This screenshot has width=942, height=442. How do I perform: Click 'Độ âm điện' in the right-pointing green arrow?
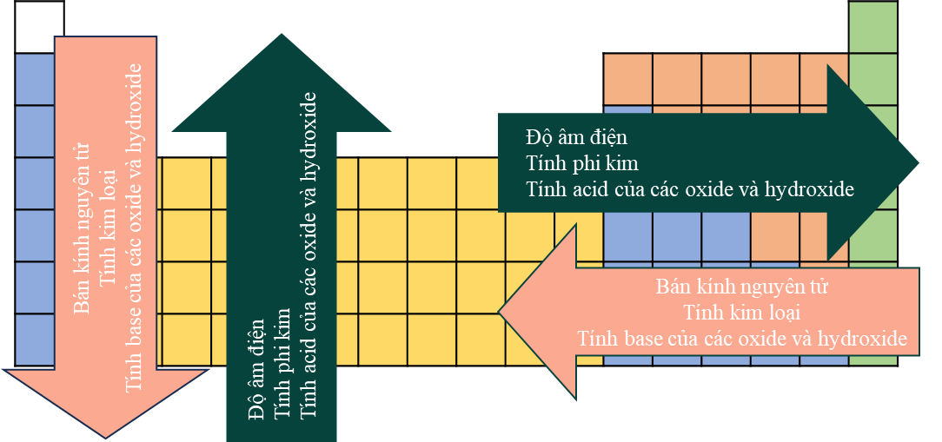point(576,137)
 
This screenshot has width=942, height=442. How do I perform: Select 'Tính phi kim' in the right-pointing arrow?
point(582,162)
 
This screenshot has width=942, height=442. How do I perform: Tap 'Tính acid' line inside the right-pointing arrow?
point(690,188)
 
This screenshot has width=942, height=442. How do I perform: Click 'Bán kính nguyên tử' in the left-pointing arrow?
point(742,287)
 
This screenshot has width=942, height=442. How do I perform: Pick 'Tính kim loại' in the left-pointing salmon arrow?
point(742,312)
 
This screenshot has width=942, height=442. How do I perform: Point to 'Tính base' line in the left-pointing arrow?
point(742,338)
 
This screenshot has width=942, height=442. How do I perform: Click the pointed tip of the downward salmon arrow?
point(106,436)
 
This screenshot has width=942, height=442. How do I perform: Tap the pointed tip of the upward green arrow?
point(280,36)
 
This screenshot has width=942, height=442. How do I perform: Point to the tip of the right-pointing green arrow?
point(917,162)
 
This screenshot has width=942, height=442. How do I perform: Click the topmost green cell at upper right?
point(872,28)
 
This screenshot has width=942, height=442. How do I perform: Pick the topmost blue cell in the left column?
point(35,79)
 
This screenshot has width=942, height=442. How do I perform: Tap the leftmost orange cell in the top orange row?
point(627,79)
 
